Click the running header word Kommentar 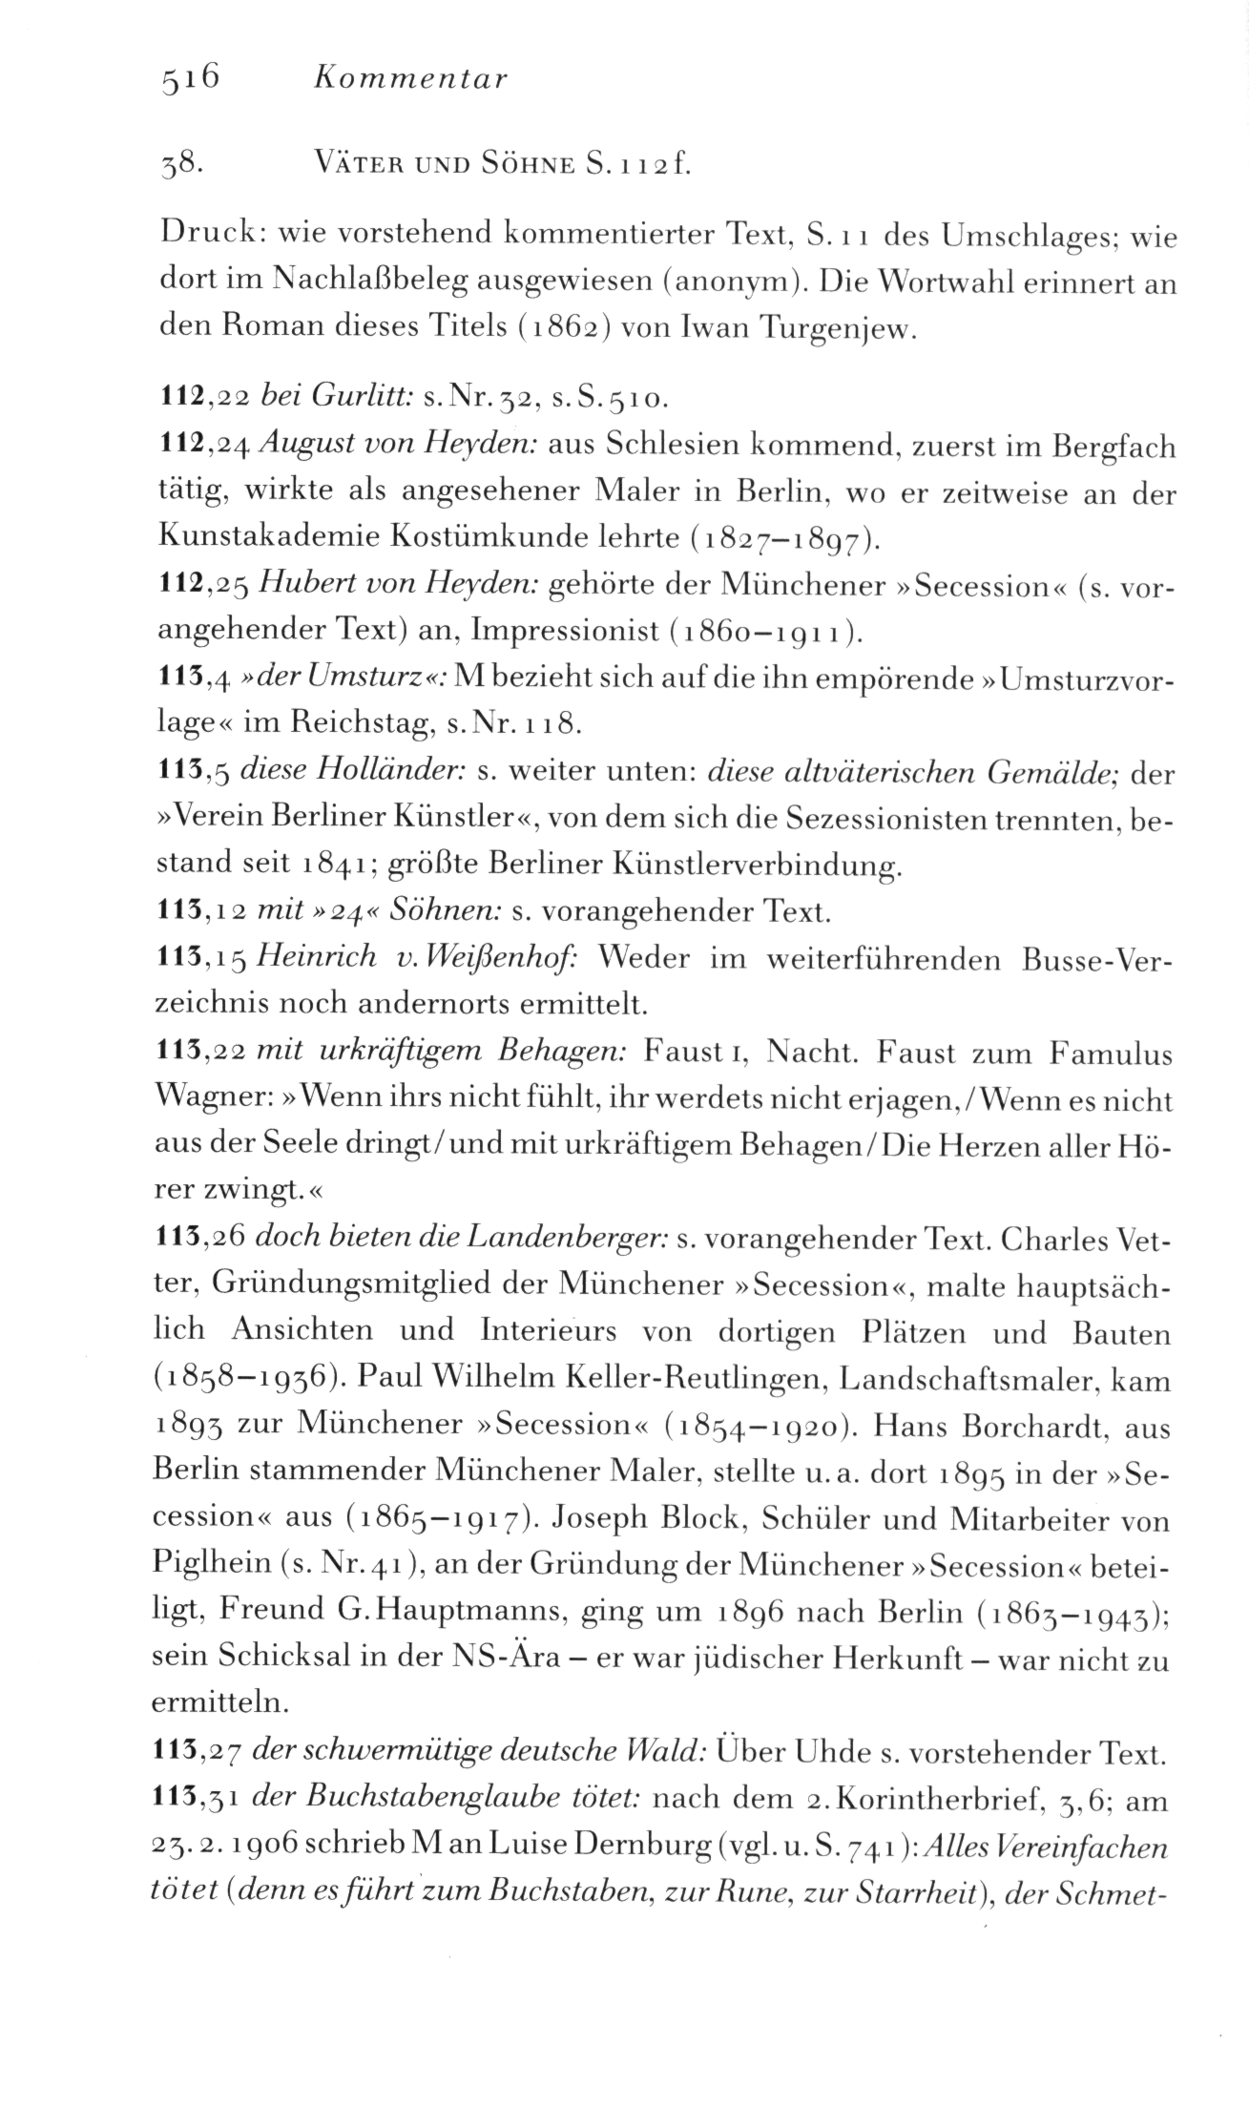tap(410, 79)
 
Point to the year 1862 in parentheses tap(573, 329)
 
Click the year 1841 tap(341, 864)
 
